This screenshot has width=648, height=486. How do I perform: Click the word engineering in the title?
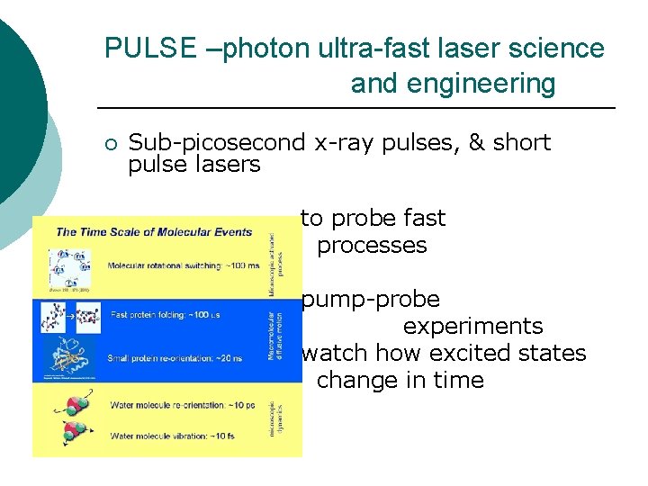coord(453,84)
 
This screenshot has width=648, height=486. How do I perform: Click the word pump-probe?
coord(371,299)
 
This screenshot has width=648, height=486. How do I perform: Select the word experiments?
coord(472,326)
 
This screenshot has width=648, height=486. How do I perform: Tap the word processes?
coord(372,245)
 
